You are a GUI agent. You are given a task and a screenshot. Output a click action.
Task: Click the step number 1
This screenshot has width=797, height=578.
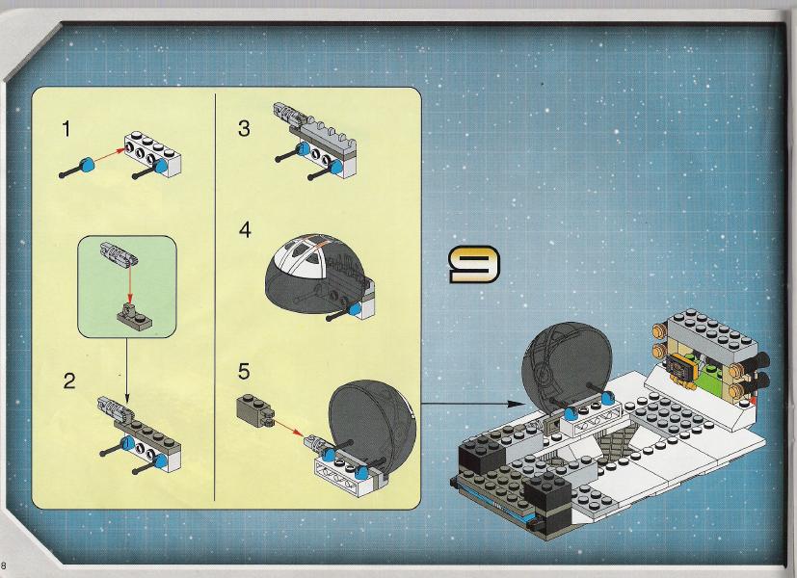pyautogui.click(x=66, y=129)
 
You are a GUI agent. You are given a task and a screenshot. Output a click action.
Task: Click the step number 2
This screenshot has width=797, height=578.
pyautogui.click(x=69, y=381)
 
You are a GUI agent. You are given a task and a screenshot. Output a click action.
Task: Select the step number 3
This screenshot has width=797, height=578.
pyautogui.click(x=244, y=128)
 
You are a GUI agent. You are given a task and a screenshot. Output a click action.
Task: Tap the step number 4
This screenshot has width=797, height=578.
pyautogui.click(x=245, y=229)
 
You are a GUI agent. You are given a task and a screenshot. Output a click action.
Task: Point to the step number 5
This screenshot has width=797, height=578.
pyautogui.click(x=244, y=371)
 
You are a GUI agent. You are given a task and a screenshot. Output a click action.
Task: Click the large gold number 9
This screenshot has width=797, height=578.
pyautogui.click(x=474, y=264)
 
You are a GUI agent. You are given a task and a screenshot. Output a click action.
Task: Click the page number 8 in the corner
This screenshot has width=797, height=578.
pyautogui.click(x=4, y=565)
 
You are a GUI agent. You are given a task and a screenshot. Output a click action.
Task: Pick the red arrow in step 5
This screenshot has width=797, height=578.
pyautogui.click(x=289, y=428)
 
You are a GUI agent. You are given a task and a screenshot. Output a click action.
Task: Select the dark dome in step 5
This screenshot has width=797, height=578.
pyautogui.click(x=373, y=424)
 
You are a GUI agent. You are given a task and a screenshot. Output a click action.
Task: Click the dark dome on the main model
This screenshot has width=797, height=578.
pyautogui.click(x=567, y=363)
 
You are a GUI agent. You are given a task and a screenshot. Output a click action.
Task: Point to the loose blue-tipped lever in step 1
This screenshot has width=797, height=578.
pyautogui.click(x=77, y=170)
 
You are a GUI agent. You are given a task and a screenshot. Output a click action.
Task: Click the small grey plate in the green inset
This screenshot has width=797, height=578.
pyautogui.click(x=133, y=316)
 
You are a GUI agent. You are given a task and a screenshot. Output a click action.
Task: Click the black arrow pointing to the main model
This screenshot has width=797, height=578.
pyautogui.click(x=472, y=404)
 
